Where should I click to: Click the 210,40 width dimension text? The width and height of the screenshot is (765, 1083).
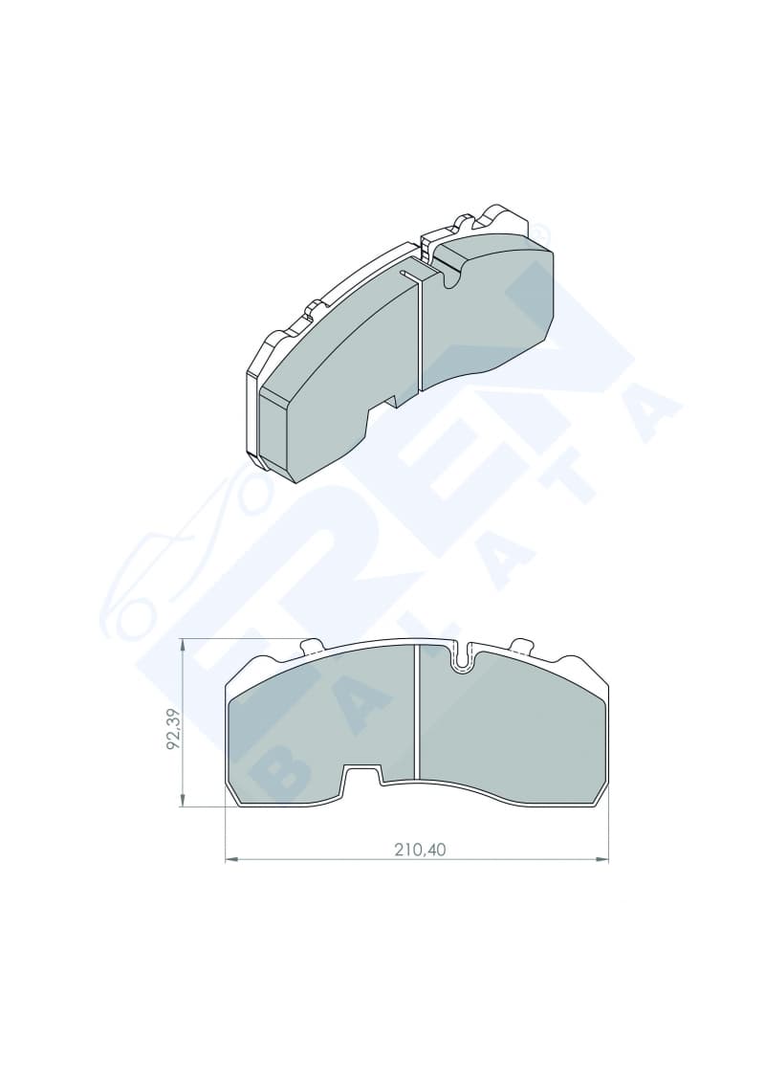coord(420,850)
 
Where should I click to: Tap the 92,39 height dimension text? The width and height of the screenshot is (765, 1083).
coord(173,729)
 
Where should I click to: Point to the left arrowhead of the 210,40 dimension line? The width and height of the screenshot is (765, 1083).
coord(232,860)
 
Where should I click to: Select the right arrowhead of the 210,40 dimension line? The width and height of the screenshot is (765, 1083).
coord(602,860)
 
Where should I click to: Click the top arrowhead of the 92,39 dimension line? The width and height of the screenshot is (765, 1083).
coord(183,646)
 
